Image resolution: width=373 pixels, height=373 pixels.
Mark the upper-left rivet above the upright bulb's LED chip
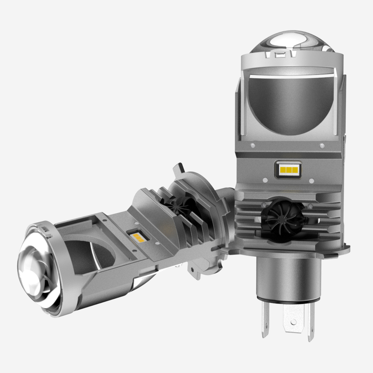[253, 146]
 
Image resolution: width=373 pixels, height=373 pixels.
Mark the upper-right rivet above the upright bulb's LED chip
[322, 146]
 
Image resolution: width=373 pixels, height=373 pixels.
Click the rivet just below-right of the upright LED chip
[311, 180]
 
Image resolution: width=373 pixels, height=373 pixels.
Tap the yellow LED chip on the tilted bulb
[136, 236]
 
